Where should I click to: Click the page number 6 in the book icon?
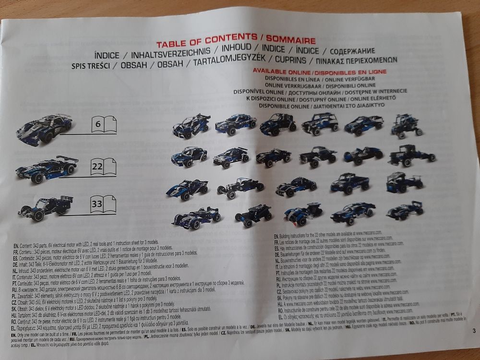coord(98,124)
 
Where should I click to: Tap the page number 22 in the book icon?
coord(97,168)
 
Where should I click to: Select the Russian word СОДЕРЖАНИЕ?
coord(349,50)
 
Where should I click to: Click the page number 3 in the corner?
coord(473,330)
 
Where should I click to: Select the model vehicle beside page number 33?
coord(46,207)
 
